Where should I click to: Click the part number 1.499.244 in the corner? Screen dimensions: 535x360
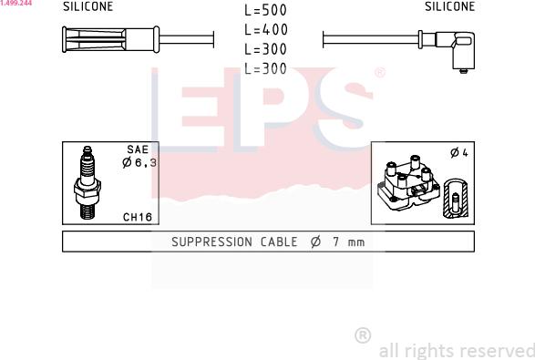(16, 3)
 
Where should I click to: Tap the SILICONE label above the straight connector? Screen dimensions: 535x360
(88, 6)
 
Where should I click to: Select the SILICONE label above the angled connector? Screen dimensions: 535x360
(449, 6)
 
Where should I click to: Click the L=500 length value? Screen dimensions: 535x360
(265, 10)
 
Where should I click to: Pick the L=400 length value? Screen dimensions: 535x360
(266, 30)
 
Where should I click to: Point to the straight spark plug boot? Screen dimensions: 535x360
(111, 39)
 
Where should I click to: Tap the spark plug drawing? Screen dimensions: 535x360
(87, 182)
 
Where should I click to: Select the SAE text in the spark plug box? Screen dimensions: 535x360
(138, 149)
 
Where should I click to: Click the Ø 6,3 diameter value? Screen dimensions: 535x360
(139, 162)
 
